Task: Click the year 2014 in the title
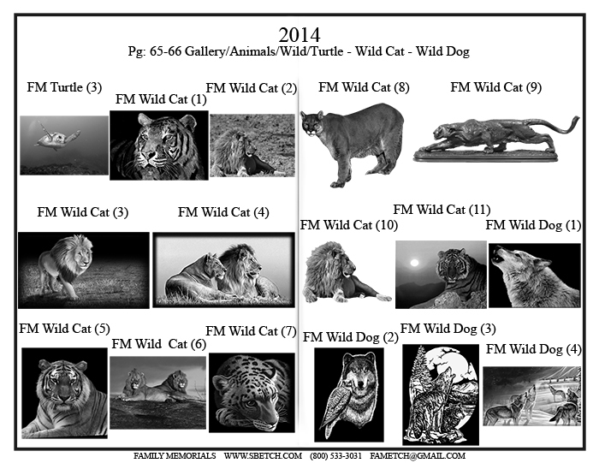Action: click(x=299, y=35)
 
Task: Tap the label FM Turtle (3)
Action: click(x=64, y=87)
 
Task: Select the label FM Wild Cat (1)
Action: click(x=161, y=99)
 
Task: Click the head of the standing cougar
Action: click(x=312, y=122)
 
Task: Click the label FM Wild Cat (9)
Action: click(x=495, y=87)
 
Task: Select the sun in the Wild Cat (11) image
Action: click(x=414, y=263)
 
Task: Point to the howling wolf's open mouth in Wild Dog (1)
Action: click(x=497, y=257)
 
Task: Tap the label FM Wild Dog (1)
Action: click(x=533, y=225)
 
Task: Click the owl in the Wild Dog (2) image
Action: click(x=338, y=407)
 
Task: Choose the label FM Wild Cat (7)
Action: click(x=251, y=331)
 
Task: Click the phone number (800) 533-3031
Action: click(x=335, y=456)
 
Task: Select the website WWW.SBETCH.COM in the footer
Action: click(x=263, y=456)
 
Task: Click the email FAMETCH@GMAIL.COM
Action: click(x=418, y=456)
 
